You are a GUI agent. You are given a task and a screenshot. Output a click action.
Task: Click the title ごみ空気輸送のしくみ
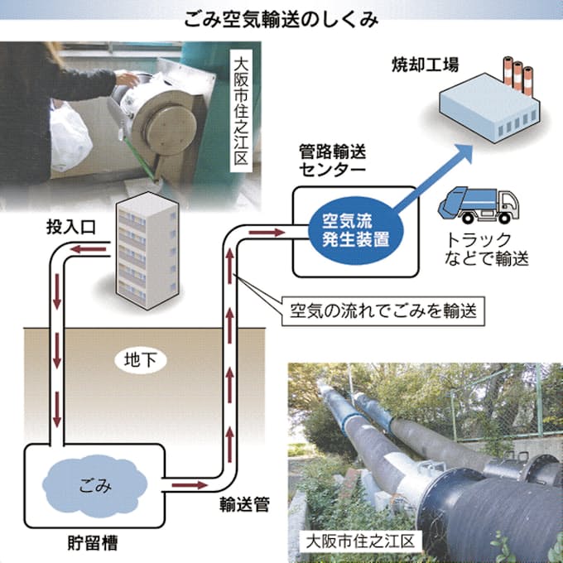coord(281,17)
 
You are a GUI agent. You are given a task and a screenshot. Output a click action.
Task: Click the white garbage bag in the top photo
coord(70,140)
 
